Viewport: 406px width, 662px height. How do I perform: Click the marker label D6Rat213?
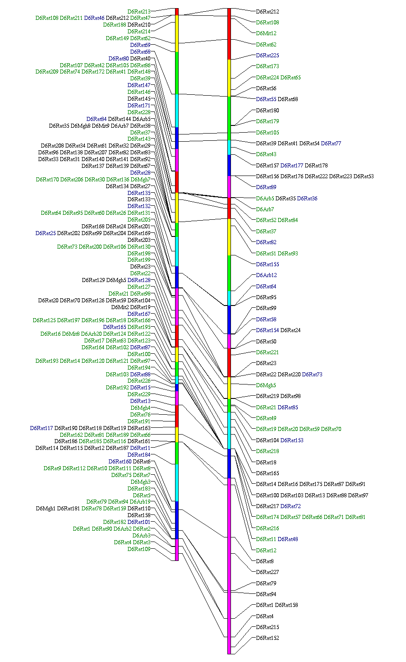tap(139, 11)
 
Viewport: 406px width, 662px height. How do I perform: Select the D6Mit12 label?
tap(266, 33)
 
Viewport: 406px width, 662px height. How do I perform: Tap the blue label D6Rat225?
tap(268, 56)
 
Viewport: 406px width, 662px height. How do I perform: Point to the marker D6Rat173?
tap(268, 66)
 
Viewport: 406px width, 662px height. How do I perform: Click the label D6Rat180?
tap(268, 111)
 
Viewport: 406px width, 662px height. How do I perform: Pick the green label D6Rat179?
tap(268, 121)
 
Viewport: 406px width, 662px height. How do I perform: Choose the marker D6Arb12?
tap(267, 275)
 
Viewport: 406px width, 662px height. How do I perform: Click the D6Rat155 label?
tap(268, 264)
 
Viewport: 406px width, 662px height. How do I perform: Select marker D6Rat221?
tap(268, 352)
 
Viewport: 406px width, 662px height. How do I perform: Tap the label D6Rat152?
tap(268, 638)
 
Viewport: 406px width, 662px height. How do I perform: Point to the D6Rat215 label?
tap(268, 627)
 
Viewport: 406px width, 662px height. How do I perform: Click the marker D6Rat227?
tap(268, 572)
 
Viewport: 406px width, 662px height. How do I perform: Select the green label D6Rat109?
tap(139, 549)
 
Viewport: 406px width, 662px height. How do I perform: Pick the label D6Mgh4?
tap(141, 408)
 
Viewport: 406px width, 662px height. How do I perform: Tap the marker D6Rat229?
tap(139, 394)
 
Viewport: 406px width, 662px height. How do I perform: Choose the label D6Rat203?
tap(139, 240)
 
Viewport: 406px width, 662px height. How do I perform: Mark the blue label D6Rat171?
tap(139, 106)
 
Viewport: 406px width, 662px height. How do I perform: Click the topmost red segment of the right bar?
tap(229, 34)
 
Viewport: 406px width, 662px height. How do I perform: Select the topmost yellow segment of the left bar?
tap(177, 33)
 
